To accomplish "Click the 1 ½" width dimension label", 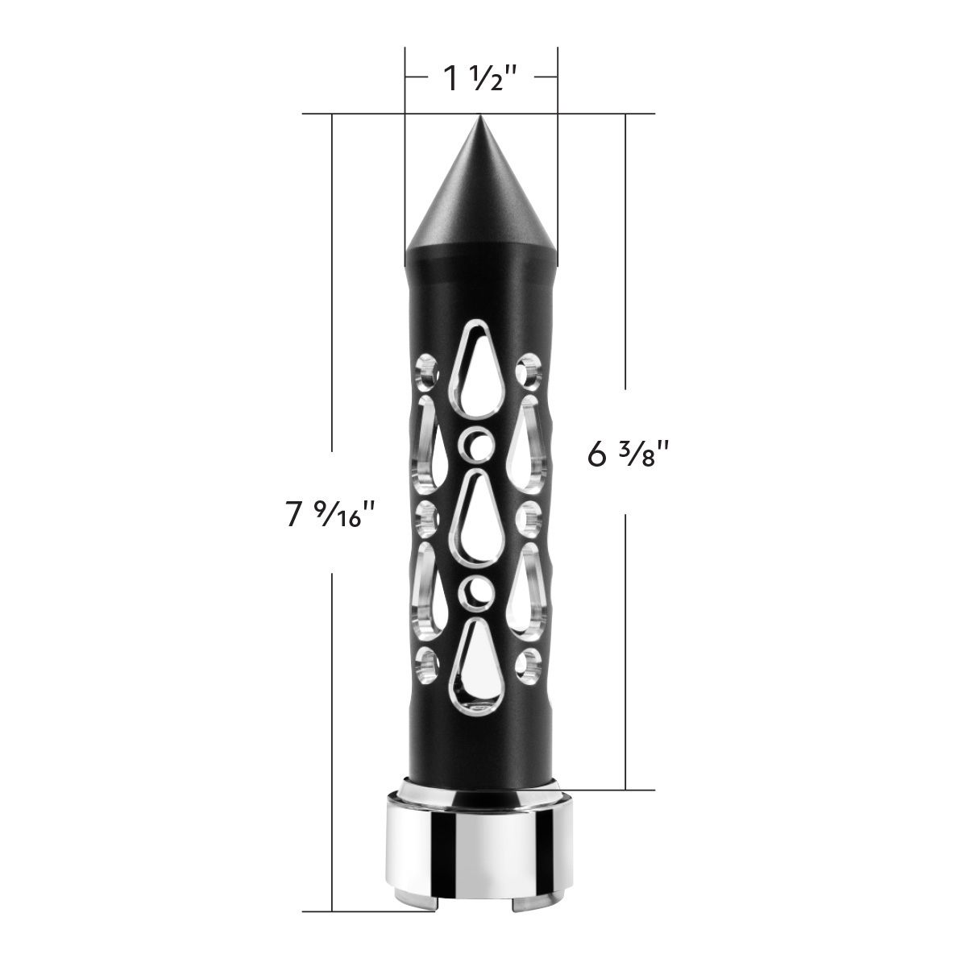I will click(480, 78).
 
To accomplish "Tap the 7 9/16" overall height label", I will click(330, 513).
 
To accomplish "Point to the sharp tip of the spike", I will click(481, 118).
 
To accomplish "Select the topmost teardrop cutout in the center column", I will click(480, 379).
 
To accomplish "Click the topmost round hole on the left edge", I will click(425, 371).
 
